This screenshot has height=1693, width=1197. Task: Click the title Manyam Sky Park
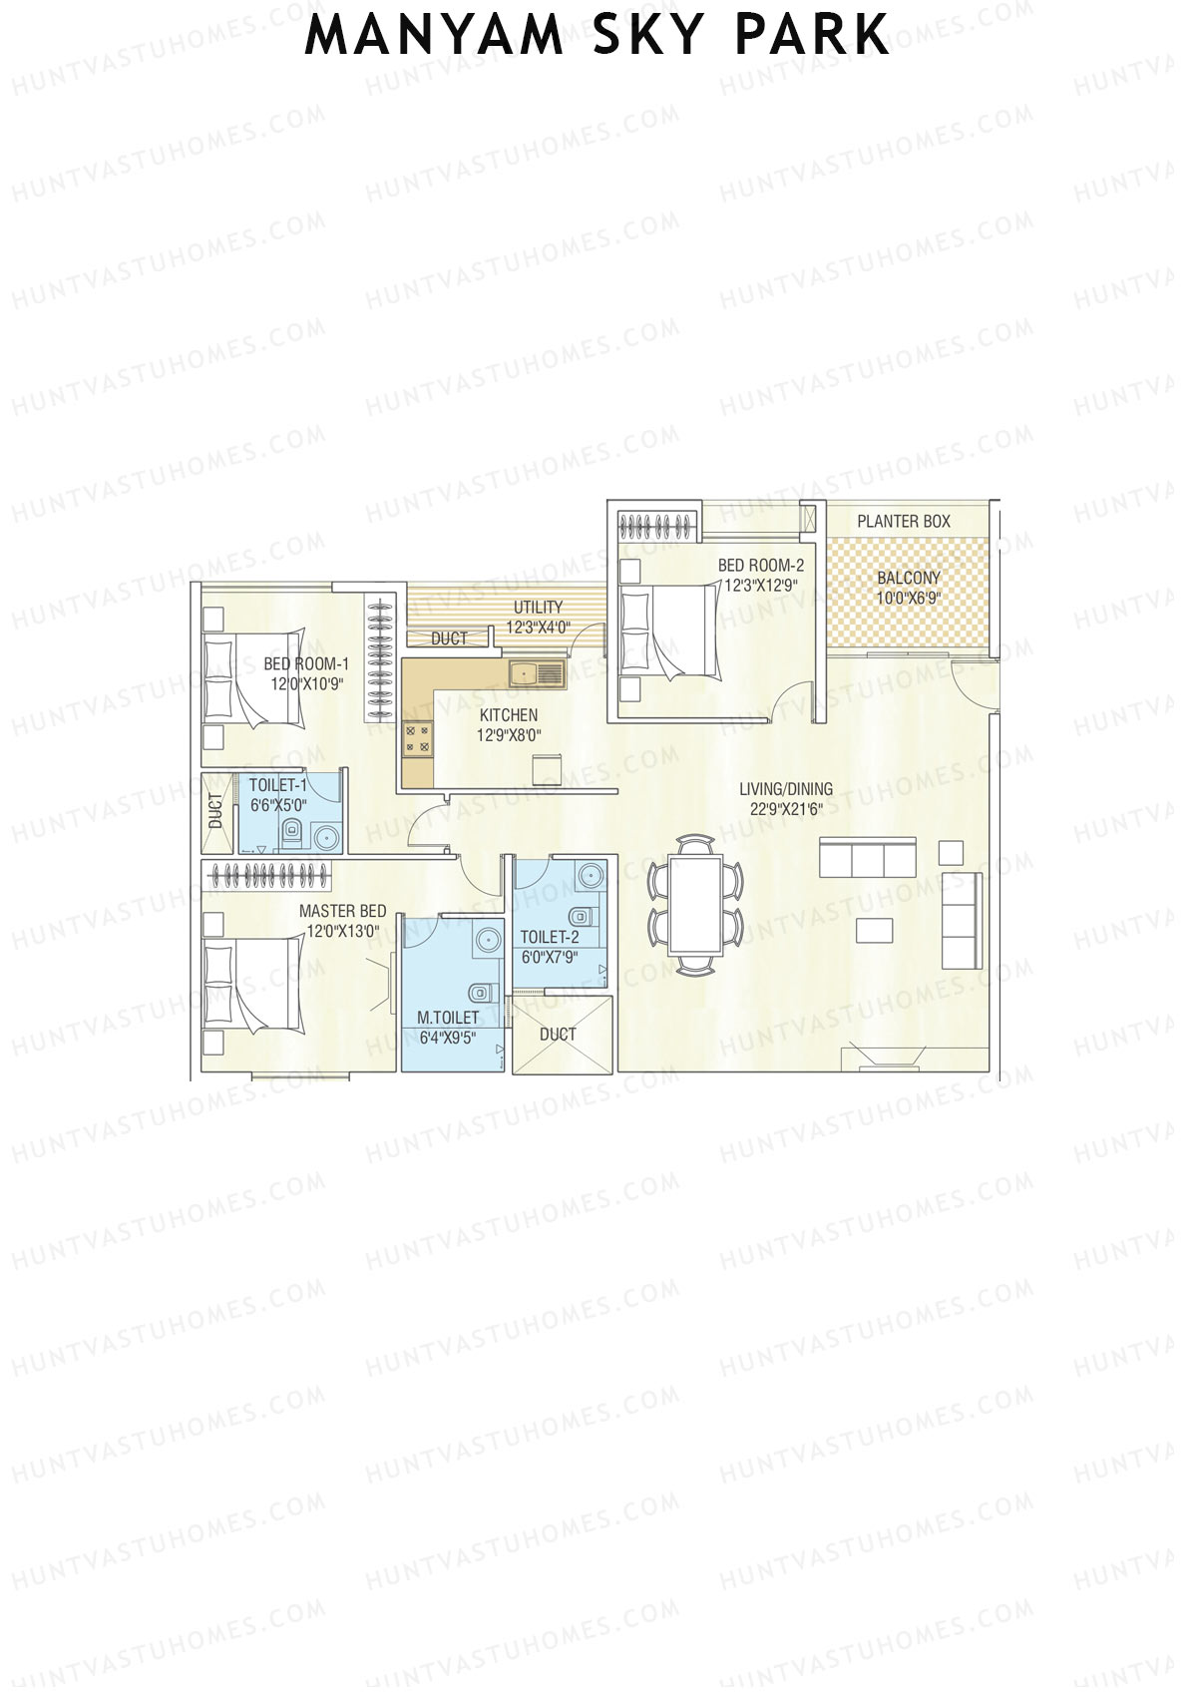(x=597, y=35)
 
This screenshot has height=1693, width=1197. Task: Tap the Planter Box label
(x=904, y=521)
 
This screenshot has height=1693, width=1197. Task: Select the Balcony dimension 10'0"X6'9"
(x=909, y=599)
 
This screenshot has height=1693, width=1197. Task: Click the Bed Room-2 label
(x=761, y=566)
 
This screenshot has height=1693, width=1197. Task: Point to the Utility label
(x=538, y=607)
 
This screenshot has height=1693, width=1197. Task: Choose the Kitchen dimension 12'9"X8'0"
(x=509, y=736)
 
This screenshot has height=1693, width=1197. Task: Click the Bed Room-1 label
(x=306, y=664)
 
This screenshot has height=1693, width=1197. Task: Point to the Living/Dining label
(x=786, y=789)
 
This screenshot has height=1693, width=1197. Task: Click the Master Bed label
(x=342, y=911)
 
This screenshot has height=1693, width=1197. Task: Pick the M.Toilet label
(x=448, y=1018)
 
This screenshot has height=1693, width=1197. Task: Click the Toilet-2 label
(x=550, y=937)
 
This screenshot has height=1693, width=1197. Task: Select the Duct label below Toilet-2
(x=558, y=1035)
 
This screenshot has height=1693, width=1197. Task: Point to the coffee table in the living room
(x=876, y=930)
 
